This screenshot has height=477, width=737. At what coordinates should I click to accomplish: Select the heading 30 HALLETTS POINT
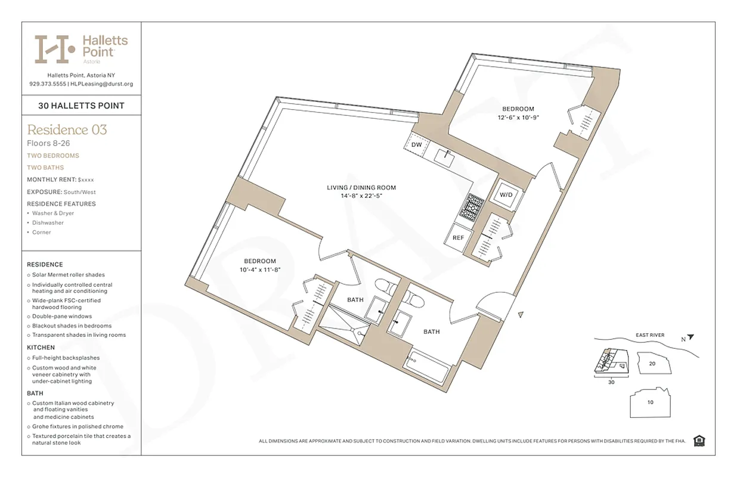(x=81, y=106)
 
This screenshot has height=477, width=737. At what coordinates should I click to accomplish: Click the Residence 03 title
(x=67, y=129)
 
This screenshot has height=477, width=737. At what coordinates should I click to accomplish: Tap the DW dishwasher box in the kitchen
(x=416, y=145)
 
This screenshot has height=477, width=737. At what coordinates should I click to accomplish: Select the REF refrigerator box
(x=458, y=237)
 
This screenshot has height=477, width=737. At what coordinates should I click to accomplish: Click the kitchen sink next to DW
(x=445, y=157)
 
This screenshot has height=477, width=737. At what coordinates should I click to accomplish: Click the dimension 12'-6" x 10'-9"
(x=518, y=117)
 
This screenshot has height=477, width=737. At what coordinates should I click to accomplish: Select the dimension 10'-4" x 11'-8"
(x=259, y=270)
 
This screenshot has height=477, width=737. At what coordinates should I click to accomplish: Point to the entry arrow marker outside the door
(x=521, y=315)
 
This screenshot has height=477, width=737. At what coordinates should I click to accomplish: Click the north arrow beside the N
(x=690, y=337)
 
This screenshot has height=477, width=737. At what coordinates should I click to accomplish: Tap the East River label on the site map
(x=649, y=335)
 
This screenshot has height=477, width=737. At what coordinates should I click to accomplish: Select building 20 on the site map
(x=652, y=363)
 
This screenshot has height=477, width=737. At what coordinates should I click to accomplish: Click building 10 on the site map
(x=649, y=402)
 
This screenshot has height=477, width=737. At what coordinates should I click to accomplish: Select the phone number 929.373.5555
(x=48, y=84)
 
